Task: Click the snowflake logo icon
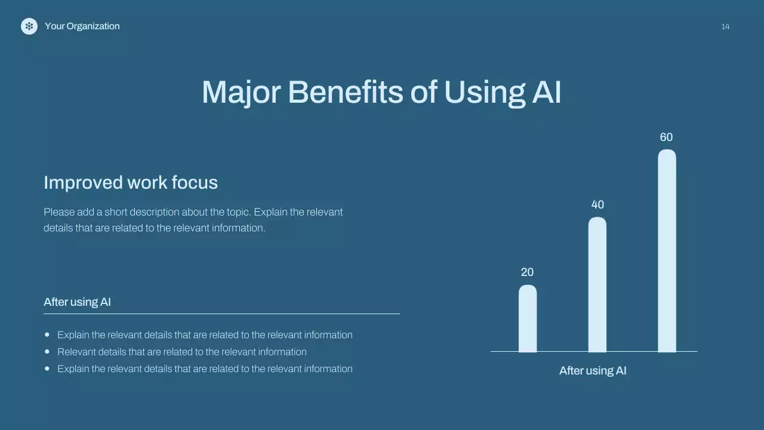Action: pos(29,26)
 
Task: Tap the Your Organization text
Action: pos(82,26)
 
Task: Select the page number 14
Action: pos(725,27)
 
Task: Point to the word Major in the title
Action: pos(241,93)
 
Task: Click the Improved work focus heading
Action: pos(131,182)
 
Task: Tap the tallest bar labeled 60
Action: pos(667,251)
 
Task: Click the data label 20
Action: pos(527,272)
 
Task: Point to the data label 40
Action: pos(597,205)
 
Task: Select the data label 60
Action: pos(666,137)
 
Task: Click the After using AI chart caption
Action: pos(593,371)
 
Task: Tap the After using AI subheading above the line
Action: pos(78,302)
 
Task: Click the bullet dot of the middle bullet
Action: pos(47,352)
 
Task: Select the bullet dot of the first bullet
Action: pos(47,335)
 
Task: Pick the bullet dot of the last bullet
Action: pos(47,368)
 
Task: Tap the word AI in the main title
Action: pos(546,93)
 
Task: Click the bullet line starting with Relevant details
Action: pos(182,352)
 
